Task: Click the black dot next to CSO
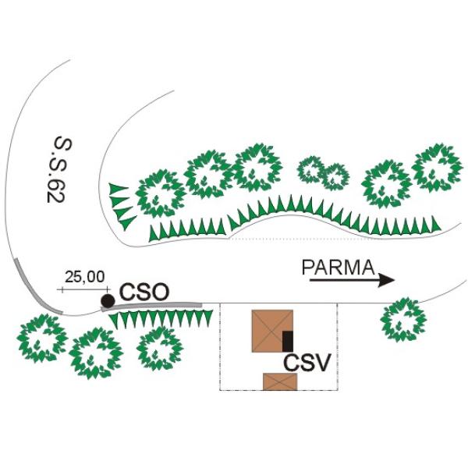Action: point(108,301)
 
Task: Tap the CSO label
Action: point(144,292)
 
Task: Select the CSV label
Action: point(307,363)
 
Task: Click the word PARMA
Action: point(339,268)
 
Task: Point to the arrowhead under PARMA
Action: point(387,280)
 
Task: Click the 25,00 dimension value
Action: point(85,277)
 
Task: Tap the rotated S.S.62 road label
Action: point(59,170)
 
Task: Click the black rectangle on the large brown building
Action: point(288,341)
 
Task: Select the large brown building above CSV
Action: point(272,331)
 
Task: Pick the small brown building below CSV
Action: point(280,381)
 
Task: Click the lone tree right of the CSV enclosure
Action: point(403,319)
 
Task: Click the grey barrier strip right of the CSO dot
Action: point(152,307)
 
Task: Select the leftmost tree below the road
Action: point(42,339)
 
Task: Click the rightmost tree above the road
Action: point(437,168)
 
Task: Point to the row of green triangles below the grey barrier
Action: point(161,319)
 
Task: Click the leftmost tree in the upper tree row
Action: point(161,193)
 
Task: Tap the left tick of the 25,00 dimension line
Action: point(62,289)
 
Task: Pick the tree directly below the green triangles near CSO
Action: point(160,349)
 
